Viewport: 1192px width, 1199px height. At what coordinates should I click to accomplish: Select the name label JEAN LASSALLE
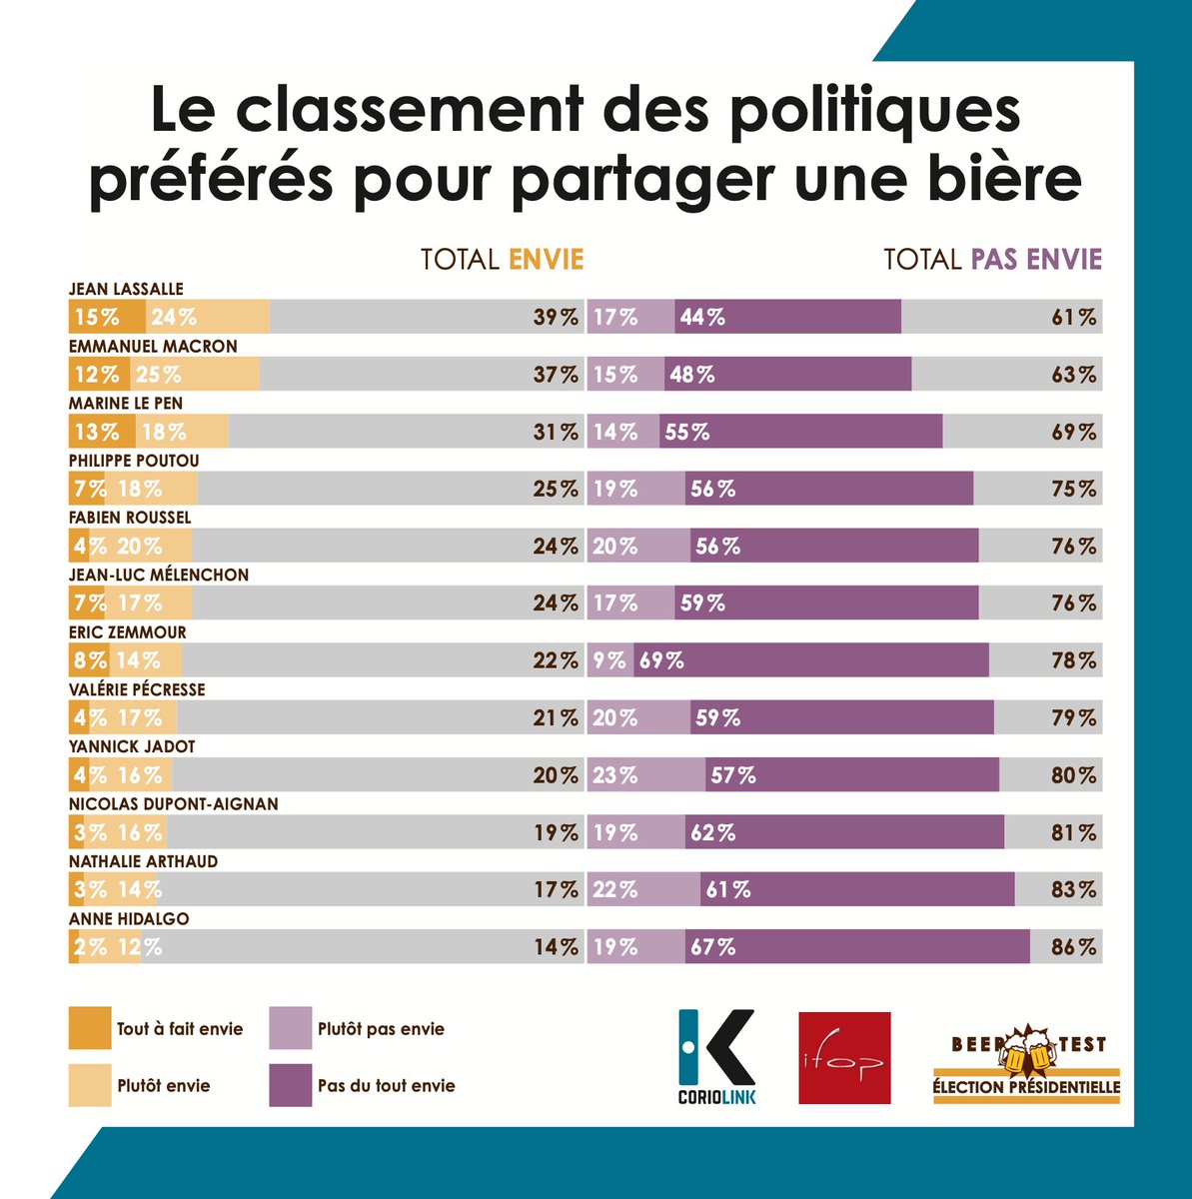(x=126, y=289)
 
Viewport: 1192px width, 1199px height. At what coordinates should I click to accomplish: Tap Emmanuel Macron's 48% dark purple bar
(x=787, y=375)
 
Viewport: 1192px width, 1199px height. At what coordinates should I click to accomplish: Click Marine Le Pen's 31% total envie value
(x=556, y=433)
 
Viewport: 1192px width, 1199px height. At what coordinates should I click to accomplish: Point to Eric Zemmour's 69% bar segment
(x=810, y=660)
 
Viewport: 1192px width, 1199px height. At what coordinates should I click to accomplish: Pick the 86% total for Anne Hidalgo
(x=1073, y=947)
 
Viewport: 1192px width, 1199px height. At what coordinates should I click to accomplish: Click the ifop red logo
(x=844, y=1058)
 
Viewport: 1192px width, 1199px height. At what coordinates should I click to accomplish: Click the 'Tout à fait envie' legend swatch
(x=90, y=1028)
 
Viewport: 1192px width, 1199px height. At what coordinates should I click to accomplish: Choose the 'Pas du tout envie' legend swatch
(x=290, y=1085)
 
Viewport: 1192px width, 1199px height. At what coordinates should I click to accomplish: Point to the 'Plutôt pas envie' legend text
(x=381, y=1029)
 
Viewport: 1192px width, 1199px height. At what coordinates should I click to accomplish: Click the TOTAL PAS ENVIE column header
(x=992, y=260)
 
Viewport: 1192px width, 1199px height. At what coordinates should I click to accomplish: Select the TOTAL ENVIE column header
(x=502, y=260)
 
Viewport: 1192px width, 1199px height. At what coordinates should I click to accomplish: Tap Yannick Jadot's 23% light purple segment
(x=645, y=775)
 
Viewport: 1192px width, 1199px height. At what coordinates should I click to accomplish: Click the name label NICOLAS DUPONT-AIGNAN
(x=174, y=804)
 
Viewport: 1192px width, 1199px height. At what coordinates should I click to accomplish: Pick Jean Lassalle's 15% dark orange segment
(x=107, y=318)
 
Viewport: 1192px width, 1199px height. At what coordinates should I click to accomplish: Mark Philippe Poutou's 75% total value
(x=1073, y=490)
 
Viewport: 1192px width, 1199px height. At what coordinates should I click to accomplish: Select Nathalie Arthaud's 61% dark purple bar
(x=856, y=889)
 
